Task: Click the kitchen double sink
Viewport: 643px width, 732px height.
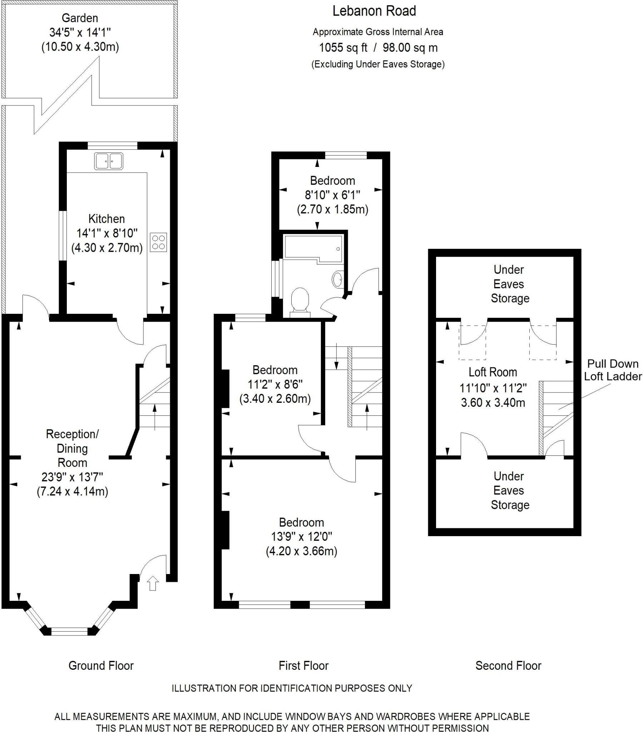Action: pyautogui.click(x=109, y=161)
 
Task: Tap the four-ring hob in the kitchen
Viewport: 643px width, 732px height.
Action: pyautogui.click(x=158, y=242)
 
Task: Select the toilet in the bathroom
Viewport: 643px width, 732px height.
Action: pyautogui.click(x=300, y=302)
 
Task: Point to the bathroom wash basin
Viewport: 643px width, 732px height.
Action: pyautogui.click(x=337, y=279)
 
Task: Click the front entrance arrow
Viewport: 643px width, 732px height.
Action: pyautogui.click(x=153, y=583)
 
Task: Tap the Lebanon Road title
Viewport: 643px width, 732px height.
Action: pyautogui.click(x=374, y=11)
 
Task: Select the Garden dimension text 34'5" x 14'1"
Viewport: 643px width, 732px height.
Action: pyautogui.click(x=80, y=33)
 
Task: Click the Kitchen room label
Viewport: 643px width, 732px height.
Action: pyautogui.click(x=107, y=219)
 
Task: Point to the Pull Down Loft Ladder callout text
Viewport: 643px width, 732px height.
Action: pyautogui.click(x=613, y=370)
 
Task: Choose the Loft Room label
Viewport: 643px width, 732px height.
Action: pyautogui.click(x=493, y=372)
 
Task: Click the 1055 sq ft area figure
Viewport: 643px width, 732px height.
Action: pyautogui.click(x=343, y=48)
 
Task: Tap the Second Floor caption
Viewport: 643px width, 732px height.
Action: pyautogui.click(x=508, y=666)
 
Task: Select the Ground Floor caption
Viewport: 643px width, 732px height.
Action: pyautogui.click(x=101, y=666)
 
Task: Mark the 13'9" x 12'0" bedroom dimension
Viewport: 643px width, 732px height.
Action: pyautogui.click(x=301, y=536)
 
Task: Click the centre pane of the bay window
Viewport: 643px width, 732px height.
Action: pyautogui.click(x=69, y=631)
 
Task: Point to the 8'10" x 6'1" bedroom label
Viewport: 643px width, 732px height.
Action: pyautogui.click(x=332, y=195)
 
